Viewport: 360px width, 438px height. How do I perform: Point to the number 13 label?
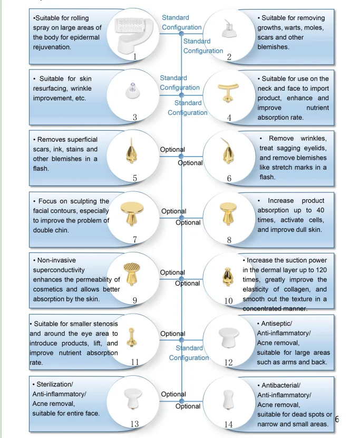(134, 424)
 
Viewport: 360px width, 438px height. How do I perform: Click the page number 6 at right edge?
(337, 419)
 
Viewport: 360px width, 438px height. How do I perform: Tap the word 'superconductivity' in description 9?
(59, 270)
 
